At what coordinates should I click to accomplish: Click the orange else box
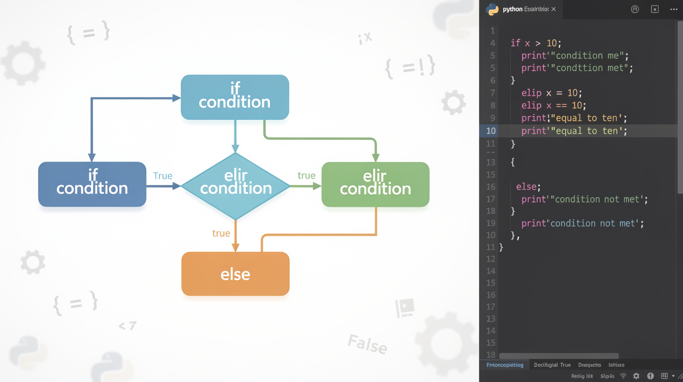coord(235,274)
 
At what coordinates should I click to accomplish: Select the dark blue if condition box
coord(92,184)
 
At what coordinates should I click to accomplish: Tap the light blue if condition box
coord(235,97)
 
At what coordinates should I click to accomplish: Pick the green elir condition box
coord(375,184)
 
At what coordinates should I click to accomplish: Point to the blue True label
coord(163,176)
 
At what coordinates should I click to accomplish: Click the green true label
coord(306,175)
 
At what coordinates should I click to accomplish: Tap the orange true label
coord(221,233)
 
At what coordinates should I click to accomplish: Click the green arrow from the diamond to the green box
coord(305,186)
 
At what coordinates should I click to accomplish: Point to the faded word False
coord(367,344)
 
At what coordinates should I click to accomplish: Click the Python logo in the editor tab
coord(492,9)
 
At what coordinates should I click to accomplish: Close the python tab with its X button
coord(553,9)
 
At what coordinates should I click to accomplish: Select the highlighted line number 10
coord(490,131)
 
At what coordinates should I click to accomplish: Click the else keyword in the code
coord(527,186)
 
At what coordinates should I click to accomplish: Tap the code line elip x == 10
coord(553,106)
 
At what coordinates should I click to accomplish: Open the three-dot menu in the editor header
coord(674,9)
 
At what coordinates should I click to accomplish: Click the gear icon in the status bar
coord(636,376)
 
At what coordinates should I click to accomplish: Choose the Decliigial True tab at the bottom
coord(552,365)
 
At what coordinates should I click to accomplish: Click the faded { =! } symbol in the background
coord(410,67)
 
